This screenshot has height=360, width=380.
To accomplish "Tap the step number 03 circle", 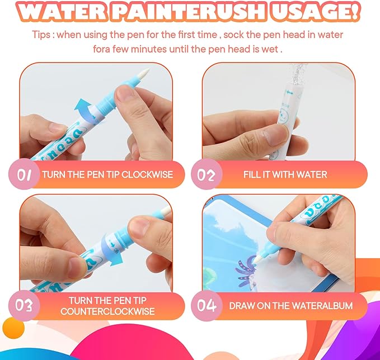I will point(24,305).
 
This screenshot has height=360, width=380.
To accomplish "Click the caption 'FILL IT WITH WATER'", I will point(285,174).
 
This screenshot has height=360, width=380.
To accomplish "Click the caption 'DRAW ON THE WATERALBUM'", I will point(291,306).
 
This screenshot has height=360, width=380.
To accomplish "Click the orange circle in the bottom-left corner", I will point(10,326).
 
